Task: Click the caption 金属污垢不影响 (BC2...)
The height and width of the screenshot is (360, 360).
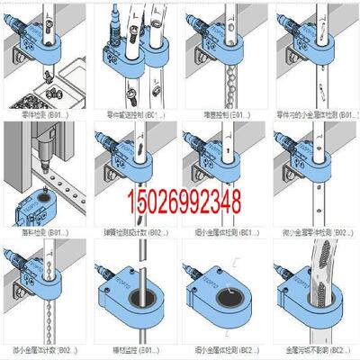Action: pyautogui.click(x=310, y=349)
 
